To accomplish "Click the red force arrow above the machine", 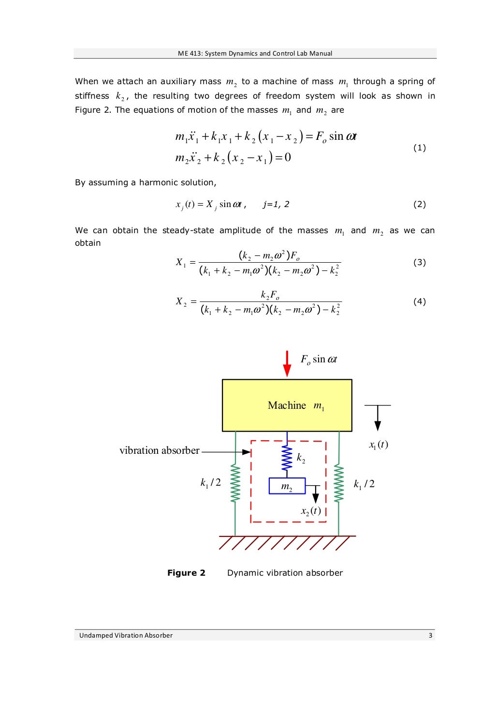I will [x=287, y=364].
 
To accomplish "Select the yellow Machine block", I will [x=287, y=405].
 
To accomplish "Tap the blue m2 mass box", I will [x=287, y=486].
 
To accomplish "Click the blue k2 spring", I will [x=287, y=458].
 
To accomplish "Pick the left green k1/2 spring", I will [x=235, y=483].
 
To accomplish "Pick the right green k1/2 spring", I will [x=339, y=483].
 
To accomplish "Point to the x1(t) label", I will [x=379, y=445].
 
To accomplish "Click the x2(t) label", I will [x=311, y=511].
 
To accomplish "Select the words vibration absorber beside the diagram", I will [x=160, y=450].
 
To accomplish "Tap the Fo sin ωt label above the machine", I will [x=319, y=359].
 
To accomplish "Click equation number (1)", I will [x=420, y=148].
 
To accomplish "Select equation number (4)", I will [x=420, y=302].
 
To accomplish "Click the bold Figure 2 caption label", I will [x=186, y=573].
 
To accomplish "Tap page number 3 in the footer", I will [x=430, y=635].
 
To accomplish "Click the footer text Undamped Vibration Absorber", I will [x=126, y=635].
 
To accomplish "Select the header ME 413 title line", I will [x=255, y=53].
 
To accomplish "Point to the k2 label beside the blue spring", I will [x=301, y=458].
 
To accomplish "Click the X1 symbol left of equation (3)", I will [x=181, y=263].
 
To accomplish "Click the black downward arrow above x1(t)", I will [x=378, y=418].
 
